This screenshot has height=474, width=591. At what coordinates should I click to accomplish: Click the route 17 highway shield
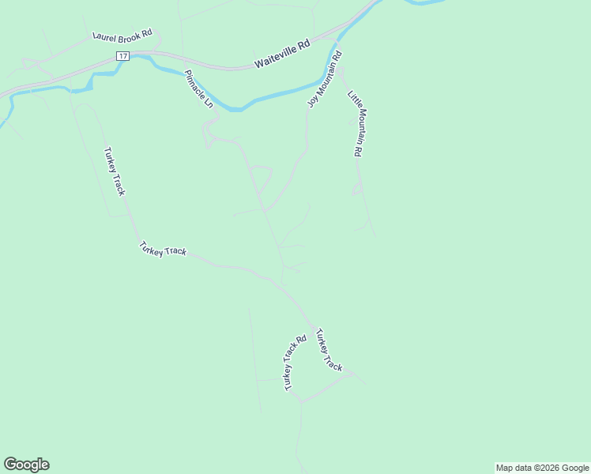tap(122, 56)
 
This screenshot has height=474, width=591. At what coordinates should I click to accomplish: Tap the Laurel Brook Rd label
tap(122, 36)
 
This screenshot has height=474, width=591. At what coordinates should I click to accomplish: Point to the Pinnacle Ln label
tap(198, 89)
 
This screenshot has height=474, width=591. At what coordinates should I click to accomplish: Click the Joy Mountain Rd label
tap(325, 79)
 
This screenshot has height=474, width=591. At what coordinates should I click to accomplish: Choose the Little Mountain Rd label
tap(355, 123)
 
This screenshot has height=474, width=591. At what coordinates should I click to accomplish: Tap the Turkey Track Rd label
tap(295, 363)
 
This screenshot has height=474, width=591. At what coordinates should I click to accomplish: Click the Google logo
tap(26, 465)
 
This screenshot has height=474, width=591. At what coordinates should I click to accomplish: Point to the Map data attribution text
tap(542, 468)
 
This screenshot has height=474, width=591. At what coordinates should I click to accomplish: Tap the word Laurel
tap(104, 36)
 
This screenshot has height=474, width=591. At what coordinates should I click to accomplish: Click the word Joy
tap(312, 101)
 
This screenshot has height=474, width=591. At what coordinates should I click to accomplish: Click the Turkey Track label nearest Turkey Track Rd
tap(329, 349)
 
